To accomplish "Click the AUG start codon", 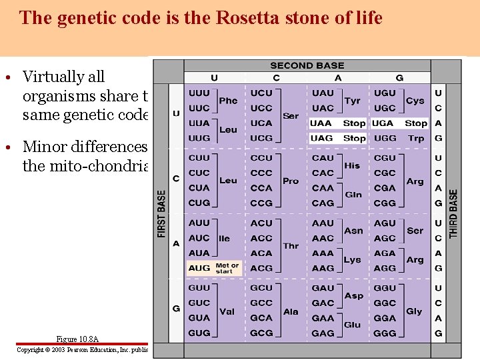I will click(x=199, y=268).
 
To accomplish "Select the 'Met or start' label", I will click(x=227, y=268).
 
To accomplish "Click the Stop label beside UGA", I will click(x=415, y=123).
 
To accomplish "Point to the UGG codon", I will click(x=385, y=138).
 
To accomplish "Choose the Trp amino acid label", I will click(x=415, y=138).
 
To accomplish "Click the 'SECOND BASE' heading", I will click(x=307, y=66).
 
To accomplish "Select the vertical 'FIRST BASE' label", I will click(x=162, y=213).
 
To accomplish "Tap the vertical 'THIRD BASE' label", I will click(x=454, y=213).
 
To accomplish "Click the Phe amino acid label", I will click(x=228, y=101).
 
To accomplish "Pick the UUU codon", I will click(x=199, y=93).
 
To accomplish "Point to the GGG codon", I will click(x=385, y=333).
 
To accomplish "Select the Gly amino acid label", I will click(x=414, y=311).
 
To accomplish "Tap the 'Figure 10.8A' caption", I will click(x=77, y=339).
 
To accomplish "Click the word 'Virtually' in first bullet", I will click(x=63, y=77).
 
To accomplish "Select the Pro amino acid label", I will click(x=291, y=181).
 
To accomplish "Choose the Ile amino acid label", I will click(x=224, y=238).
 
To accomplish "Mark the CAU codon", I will click(x=323, y=158).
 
